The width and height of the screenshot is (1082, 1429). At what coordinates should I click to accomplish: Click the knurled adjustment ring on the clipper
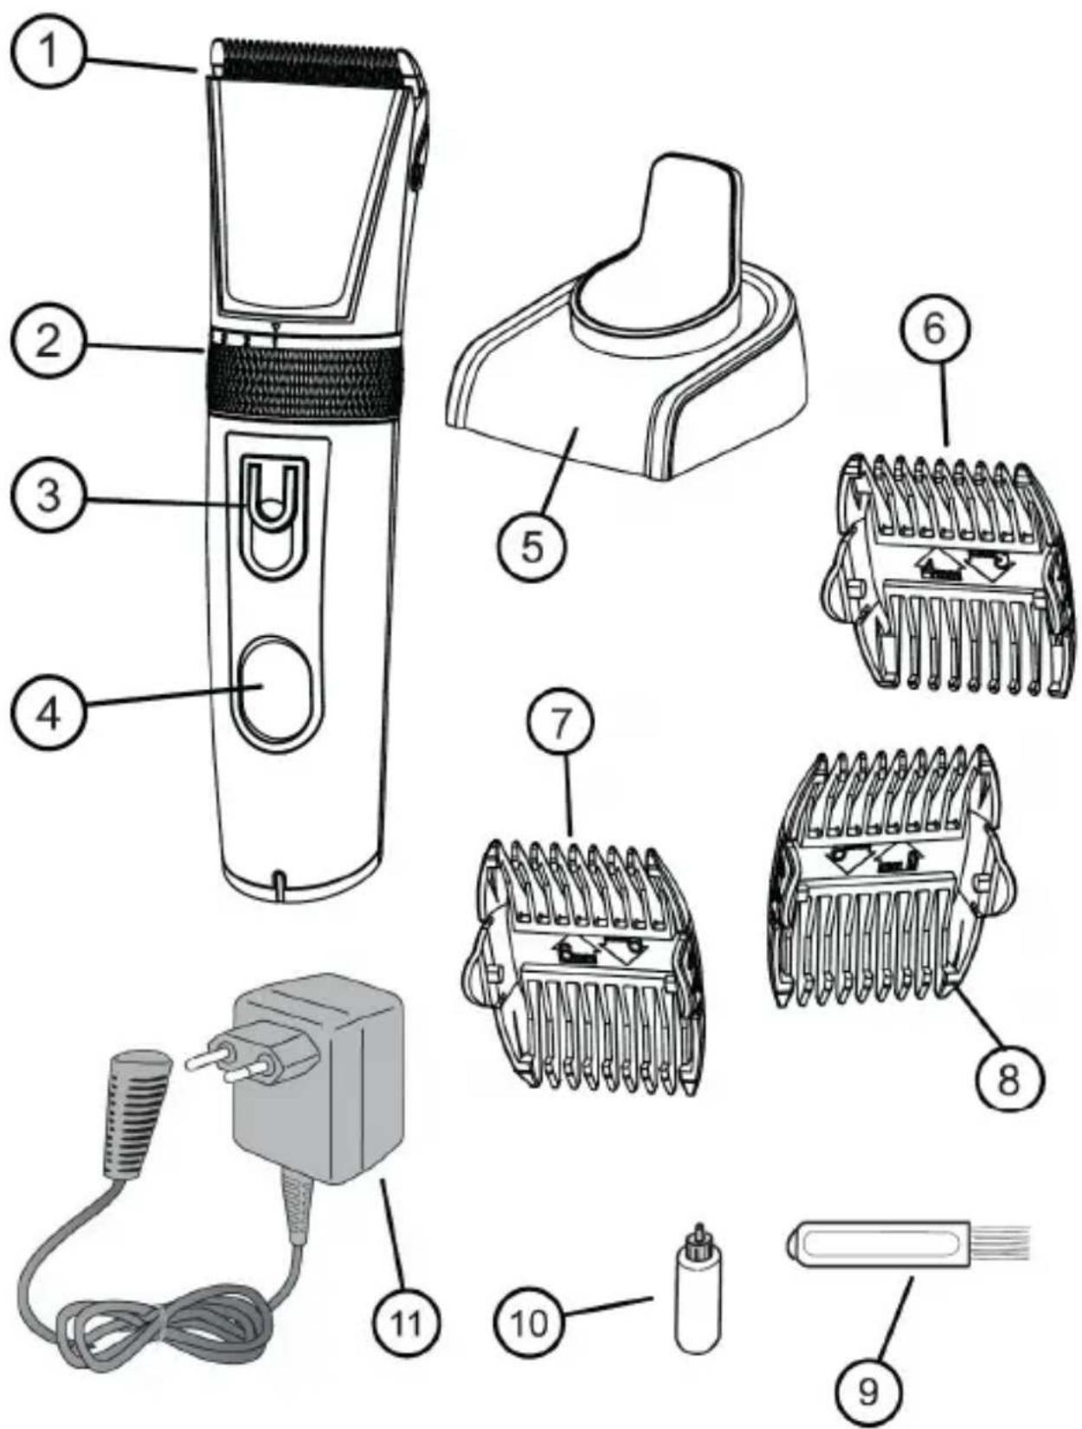click(x=303, y=381)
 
